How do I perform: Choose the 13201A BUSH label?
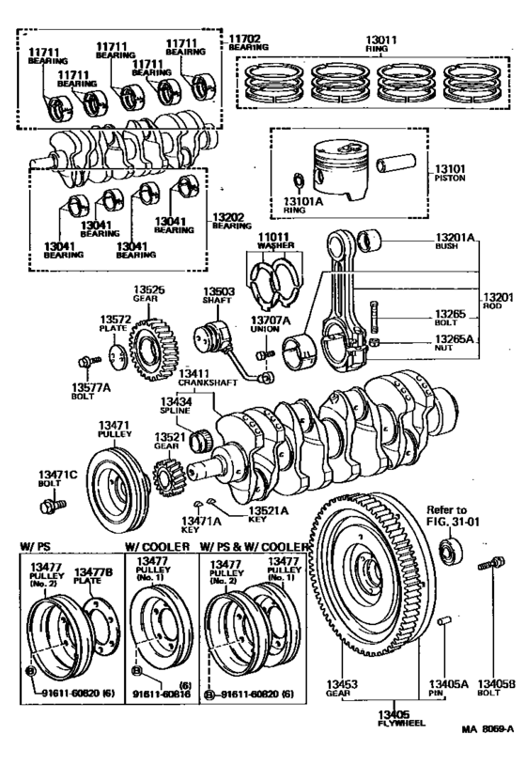[455, 241]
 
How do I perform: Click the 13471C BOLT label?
[54, 479]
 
